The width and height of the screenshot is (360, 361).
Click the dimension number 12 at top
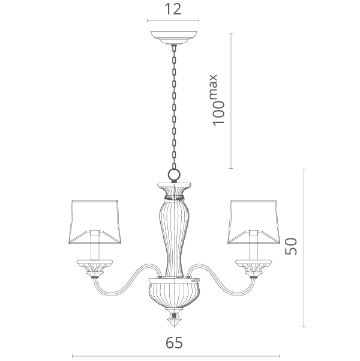[x=173, y=10]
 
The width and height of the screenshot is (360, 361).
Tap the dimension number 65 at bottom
[x=174, y=343]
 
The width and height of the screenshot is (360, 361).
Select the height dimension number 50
[x=291, y=246]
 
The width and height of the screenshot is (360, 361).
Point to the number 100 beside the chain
[x=218, y=114]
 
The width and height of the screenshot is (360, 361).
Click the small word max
[x=214, y=86]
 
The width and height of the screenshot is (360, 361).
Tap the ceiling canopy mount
[x=174, y=37]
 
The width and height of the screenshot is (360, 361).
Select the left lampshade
[x=95, y=222]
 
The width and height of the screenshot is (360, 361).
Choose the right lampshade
[x=254, y=222]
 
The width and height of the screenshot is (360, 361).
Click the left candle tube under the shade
[x=95, y=245]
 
